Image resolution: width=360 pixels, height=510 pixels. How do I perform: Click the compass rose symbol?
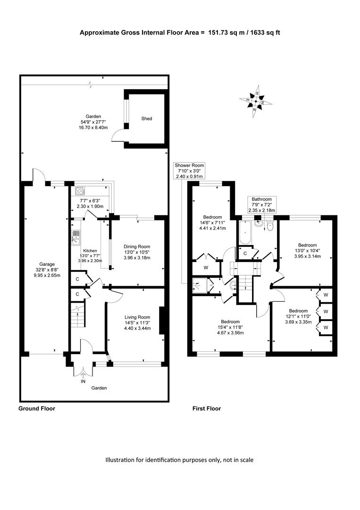[x=256, y=102]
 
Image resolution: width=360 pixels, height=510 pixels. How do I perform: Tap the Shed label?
[x=147, y=119]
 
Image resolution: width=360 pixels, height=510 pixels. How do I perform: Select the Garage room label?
[x=47, y=264]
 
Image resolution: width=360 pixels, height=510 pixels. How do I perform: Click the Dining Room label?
[x=137, y=247]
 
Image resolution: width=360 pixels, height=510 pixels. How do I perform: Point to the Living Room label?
[x=137, y=317]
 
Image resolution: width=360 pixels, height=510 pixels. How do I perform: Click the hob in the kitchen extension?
[x=80, y=191]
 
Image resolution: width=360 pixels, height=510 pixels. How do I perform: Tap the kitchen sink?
[x=76, y=237]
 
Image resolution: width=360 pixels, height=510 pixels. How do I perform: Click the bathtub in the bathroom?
[x=245, y=232]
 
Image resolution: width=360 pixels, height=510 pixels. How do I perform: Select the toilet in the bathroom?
[x=270, y=225]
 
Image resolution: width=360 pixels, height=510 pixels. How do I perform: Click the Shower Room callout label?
[x=189, y=171]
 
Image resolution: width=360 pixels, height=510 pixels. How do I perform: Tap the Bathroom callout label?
[x=261, y=204]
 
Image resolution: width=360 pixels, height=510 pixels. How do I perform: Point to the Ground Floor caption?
[x=37, y=408]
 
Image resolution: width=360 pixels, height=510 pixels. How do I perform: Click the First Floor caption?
[x=207, y=408]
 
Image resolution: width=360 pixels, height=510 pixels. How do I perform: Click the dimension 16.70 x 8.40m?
[x=93, y=127]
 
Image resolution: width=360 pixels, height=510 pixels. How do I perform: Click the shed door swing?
[x=117, y=136]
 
